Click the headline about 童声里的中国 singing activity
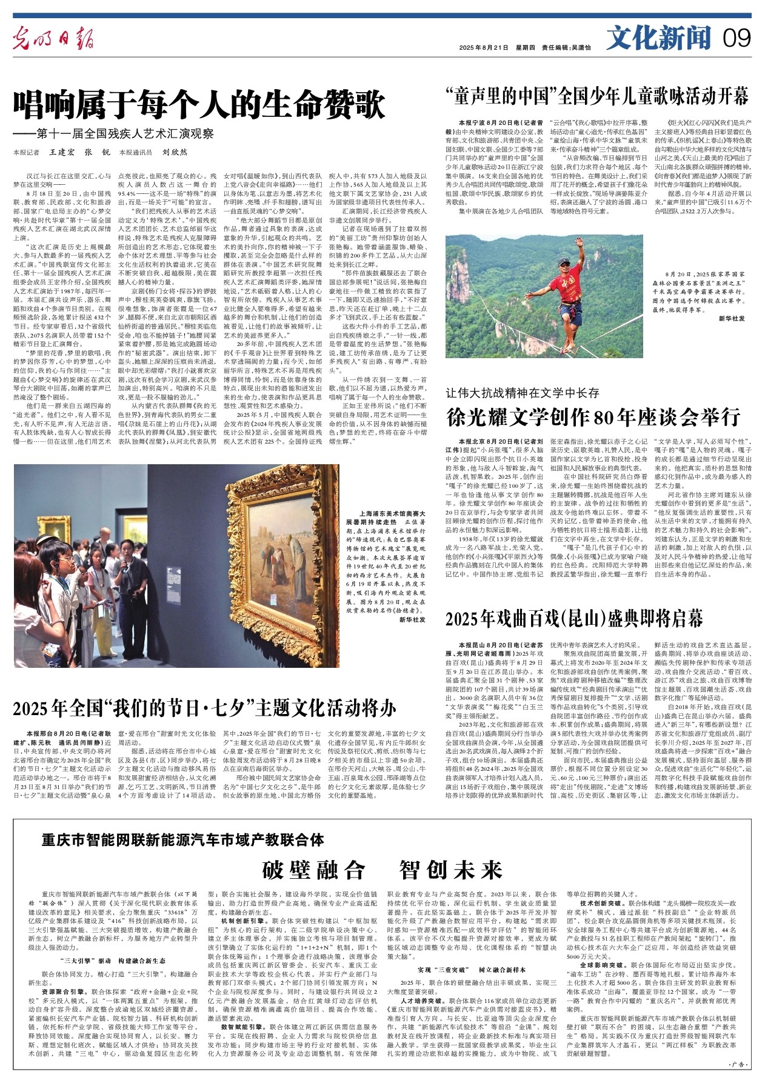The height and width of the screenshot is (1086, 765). point(596,96)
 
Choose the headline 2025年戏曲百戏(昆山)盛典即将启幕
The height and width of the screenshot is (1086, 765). point(574,618)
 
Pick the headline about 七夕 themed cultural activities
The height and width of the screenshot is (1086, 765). point(204,707)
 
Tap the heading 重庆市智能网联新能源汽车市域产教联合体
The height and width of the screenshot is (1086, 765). point(183,839)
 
